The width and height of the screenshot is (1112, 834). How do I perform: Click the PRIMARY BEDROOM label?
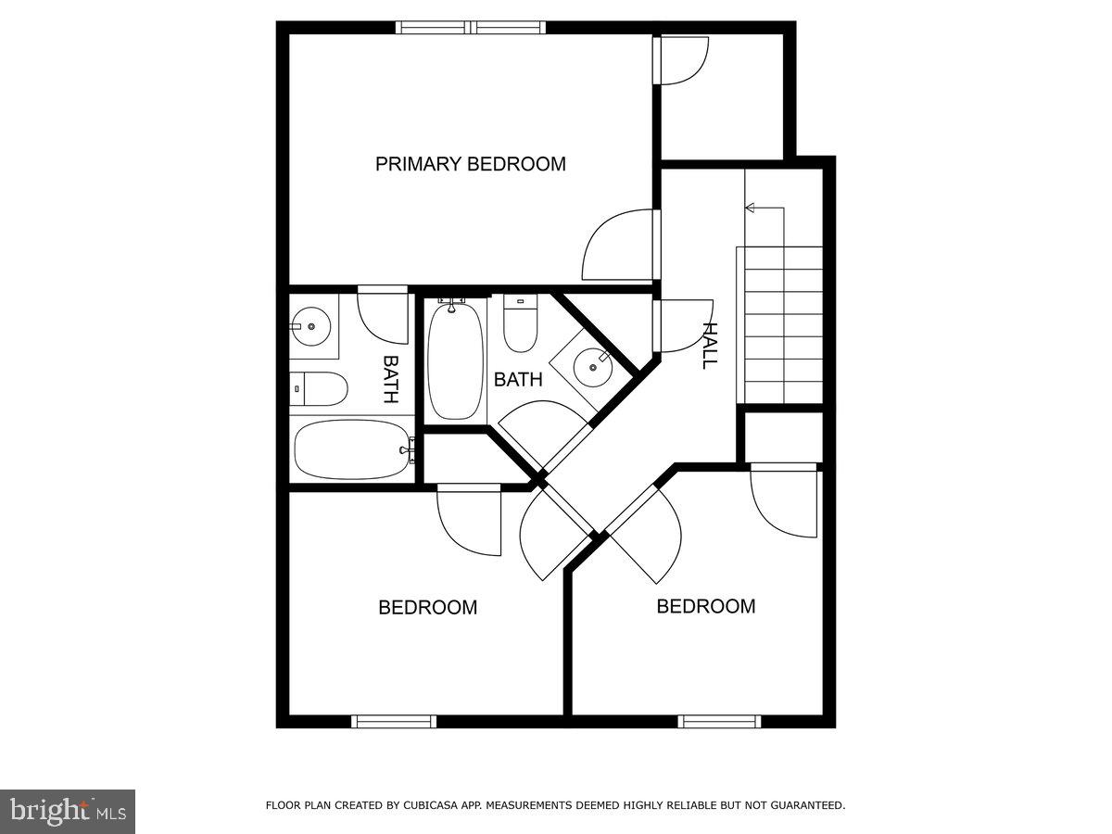[470, 165]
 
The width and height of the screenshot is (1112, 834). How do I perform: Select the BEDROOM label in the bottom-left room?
[427, 608]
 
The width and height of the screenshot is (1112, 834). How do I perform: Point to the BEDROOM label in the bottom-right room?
[705, 606]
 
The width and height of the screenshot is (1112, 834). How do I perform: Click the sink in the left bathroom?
[310, 325]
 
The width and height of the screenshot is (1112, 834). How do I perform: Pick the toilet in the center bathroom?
[520, 325]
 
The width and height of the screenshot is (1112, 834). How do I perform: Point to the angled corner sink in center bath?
[593, 365]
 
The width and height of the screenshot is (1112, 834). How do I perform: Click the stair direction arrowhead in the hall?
[751, 208]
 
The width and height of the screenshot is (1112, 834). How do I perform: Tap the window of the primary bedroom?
[470, 27]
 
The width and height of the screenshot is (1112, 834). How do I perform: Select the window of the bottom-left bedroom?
[394, 721]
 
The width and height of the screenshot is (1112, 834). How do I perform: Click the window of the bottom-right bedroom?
[719, 721]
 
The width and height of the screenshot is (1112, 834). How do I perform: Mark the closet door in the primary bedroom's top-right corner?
[683, 59]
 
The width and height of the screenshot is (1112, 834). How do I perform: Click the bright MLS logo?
[68, 812]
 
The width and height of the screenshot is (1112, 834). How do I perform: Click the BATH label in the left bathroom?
[391, 380]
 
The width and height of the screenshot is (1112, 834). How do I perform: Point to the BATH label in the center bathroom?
[518, 379]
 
